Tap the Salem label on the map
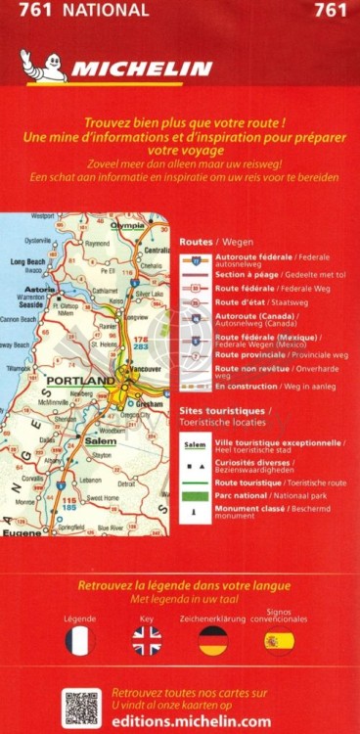pos(101,441)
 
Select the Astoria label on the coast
pos(38,290)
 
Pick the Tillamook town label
pos(17,369)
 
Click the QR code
pos(82,708)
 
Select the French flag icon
pos(80,642)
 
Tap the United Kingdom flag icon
pos(147,642)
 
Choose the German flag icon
pos(212,642)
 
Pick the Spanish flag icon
pos(279,642)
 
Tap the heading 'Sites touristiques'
pos(223,412)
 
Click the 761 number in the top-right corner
pos(334,11)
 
